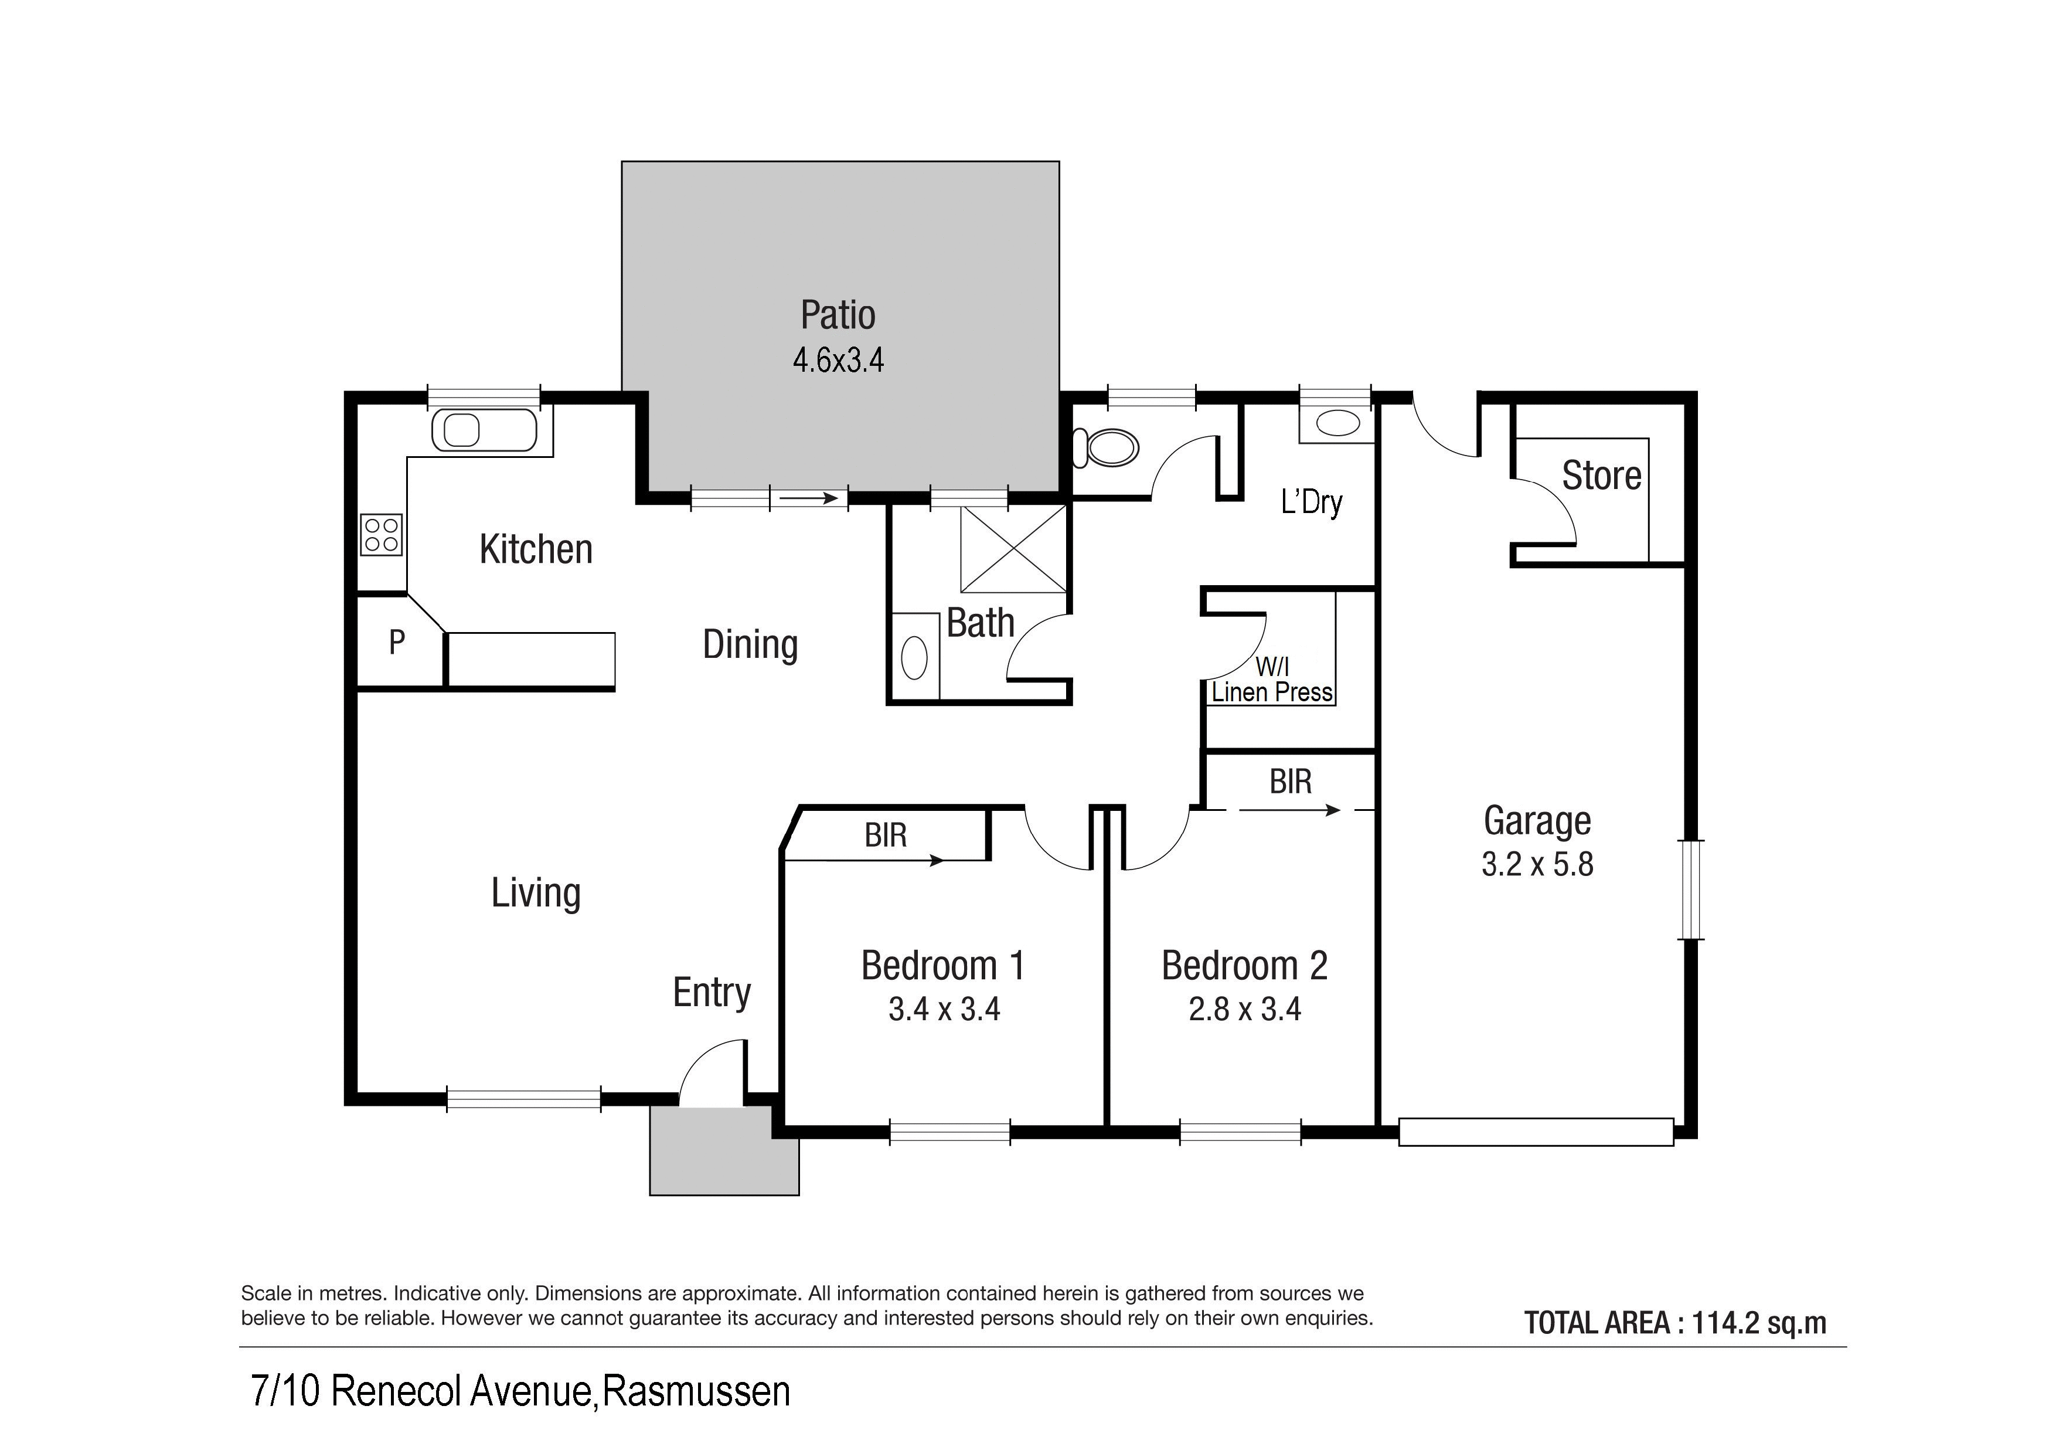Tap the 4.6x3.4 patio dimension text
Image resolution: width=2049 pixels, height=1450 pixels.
(838, 360)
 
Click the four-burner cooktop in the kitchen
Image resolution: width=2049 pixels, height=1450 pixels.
(381, 535)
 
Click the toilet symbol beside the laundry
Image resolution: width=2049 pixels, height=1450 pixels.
(1106, 447)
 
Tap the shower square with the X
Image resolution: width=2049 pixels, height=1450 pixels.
(1014, 549)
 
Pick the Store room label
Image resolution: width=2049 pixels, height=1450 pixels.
(1601, 475)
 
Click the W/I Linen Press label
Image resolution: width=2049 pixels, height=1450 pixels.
(1272, 680)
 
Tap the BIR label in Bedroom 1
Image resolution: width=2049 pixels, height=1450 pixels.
(885, 836)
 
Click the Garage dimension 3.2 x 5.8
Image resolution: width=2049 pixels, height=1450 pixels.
(1538, 864)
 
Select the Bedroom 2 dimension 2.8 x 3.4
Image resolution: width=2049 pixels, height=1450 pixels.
(1245, 1009)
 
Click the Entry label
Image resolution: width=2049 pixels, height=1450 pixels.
(712, 993)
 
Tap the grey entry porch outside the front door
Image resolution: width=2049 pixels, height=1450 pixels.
(724, 1151)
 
